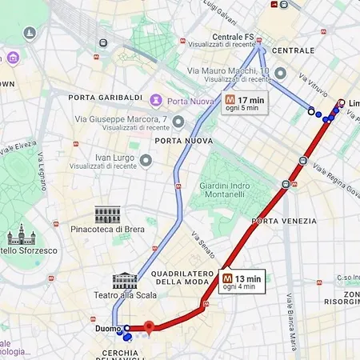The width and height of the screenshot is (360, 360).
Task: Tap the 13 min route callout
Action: [x=239, y=282]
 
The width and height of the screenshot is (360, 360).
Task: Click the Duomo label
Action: [x=107, y=328]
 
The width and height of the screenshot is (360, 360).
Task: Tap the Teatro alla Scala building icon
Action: [x=125, y=280]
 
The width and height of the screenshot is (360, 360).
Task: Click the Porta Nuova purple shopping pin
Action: [x=156, y=100]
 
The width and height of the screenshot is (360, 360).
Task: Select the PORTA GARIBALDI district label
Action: [x=106, y=98]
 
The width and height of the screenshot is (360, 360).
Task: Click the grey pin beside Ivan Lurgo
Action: [x=146, y=161]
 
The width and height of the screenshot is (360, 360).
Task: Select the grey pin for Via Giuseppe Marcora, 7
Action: [x=178, y=122]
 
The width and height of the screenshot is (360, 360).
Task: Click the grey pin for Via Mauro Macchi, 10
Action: [x=280, y=74]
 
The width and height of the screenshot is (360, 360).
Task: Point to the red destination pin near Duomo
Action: [x=148, y=326]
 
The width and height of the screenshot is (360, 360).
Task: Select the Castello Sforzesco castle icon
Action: [x=18, y=235]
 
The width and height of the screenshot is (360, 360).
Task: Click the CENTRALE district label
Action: [x=292, y=50]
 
